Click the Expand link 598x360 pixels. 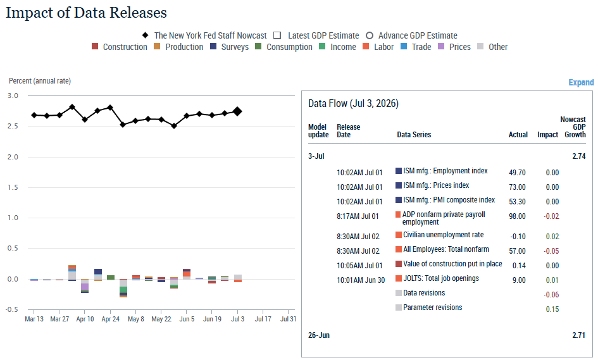click(581, 82)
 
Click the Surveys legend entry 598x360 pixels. click(230, 47)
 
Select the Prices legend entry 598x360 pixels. click(454, 47)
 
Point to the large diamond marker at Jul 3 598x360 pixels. click(237, 111)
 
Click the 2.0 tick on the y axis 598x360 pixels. click(13, 157)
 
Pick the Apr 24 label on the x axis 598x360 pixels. click(111, 319)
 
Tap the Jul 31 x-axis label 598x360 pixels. click(288, 319)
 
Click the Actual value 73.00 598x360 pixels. click(517, 187)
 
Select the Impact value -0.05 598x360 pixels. click(551, 251)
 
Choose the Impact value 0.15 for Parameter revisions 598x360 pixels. click(552, 309)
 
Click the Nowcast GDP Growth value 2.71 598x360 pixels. click(578, 335)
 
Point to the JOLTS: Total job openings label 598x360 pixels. click(441, 278)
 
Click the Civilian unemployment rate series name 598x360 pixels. click(443, 235)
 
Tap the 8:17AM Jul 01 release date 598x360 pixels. click(358, 216)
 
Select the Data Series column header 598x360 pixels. click(414, 135)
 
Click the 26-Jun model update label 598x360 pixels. click(319, 335)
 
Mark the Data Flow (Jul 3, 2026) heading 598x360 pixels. click(353, 104)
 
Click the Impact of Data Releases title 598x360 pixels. click(86, 13)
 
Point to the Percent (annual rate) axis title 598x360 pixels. click(40, 81)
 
